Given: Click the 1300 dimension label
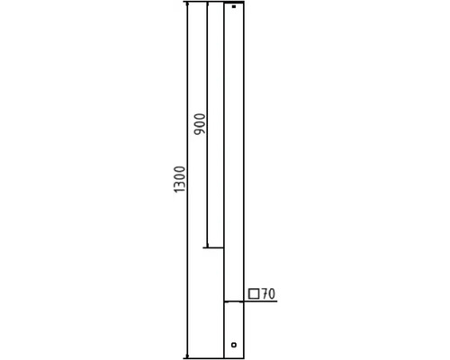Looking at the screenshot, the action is click(180, 179).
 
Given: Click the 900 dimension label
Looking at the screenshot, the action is click(200, 124).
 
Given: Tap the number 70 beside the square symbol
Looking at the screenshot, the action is click(268, 294).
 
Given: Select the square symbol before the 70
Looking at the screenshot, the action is click(254, 294).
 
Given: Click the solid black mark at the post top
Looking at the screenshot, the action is click(234, 6).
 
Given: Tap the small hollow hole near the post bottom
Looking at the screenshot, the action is click(234, 345).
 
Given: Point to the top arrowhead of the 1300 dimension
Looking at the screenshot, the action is click(187, 4).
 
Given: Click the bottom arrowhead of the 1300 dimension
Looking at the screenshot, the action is click(187, 356).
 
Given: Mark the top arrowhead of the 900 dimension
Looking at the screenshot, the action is click(207, 4).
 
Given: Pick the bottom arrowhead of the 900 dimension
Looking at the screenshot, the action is click(207, 246).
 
